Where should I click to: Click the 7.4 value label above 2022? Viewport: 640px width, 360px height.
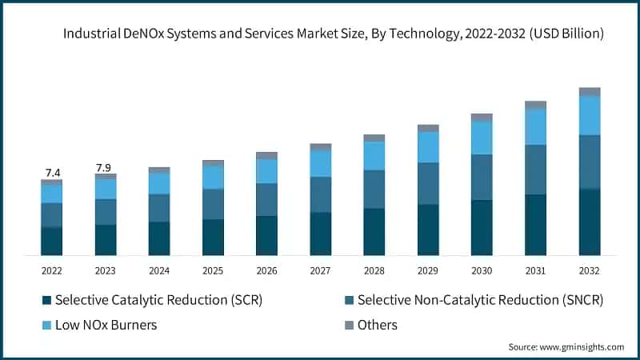click(53, 173)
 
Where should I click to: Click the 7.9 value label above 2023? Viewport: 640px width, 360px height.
click(104, 167)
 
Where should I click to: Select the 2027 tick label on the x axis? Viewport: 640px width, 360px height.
click(321, 271)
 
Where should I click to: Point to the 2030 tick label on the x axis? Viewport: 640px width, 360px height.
click(482, 271)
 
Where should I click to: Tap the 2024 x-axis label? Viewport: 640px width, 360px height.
click(159, 271)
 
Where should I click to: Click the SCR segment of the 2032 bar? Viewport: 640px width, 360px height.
click(590, 222)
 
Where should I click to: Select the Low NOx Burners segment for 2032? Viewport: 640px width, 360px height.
click(590, 115)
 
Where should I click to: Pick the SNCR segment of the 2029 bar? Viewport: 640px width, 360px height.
click(428, 183)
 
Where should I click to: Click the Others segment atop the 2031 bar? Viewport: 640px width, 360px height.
click(535, 105)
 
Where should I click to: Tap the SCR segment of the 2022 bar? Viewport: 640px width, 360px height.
click(52, 242)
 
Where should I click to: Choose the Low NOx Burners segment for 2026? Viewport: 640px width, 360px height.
click(266, 171)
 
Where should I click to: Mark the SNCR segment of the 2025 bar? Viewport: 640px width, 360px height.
click(213, 204)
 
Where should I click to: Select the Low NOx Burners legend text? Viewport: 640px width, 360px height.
click(106, 325)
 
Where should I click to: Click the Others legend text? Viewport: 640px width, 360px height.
click(378, 325)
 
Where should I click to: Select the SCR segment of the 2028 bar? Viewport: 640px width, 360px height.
click(374, 232)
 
